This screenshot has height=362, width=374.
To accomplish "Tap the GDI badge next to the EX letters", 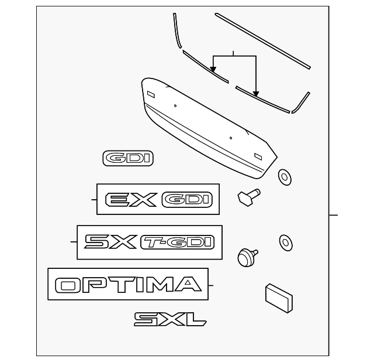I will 185,200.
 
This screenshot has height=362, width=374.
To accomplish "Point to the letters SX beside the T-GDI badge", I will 110,242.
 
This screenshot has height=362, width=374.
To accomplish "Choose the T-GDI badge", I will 177,242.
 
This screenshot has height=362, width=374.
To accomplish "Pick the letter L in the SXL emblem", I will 196,319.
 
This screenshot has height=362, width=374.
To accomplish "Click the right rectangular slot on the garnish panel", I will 258,155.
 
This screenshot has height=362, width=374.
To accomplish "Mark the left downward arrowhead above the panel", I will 214,70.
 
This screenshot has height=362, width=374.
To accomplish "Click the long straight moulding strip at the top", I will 263,39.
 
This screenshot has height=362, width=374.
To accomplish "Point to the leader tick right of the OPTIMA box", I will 212,286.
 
